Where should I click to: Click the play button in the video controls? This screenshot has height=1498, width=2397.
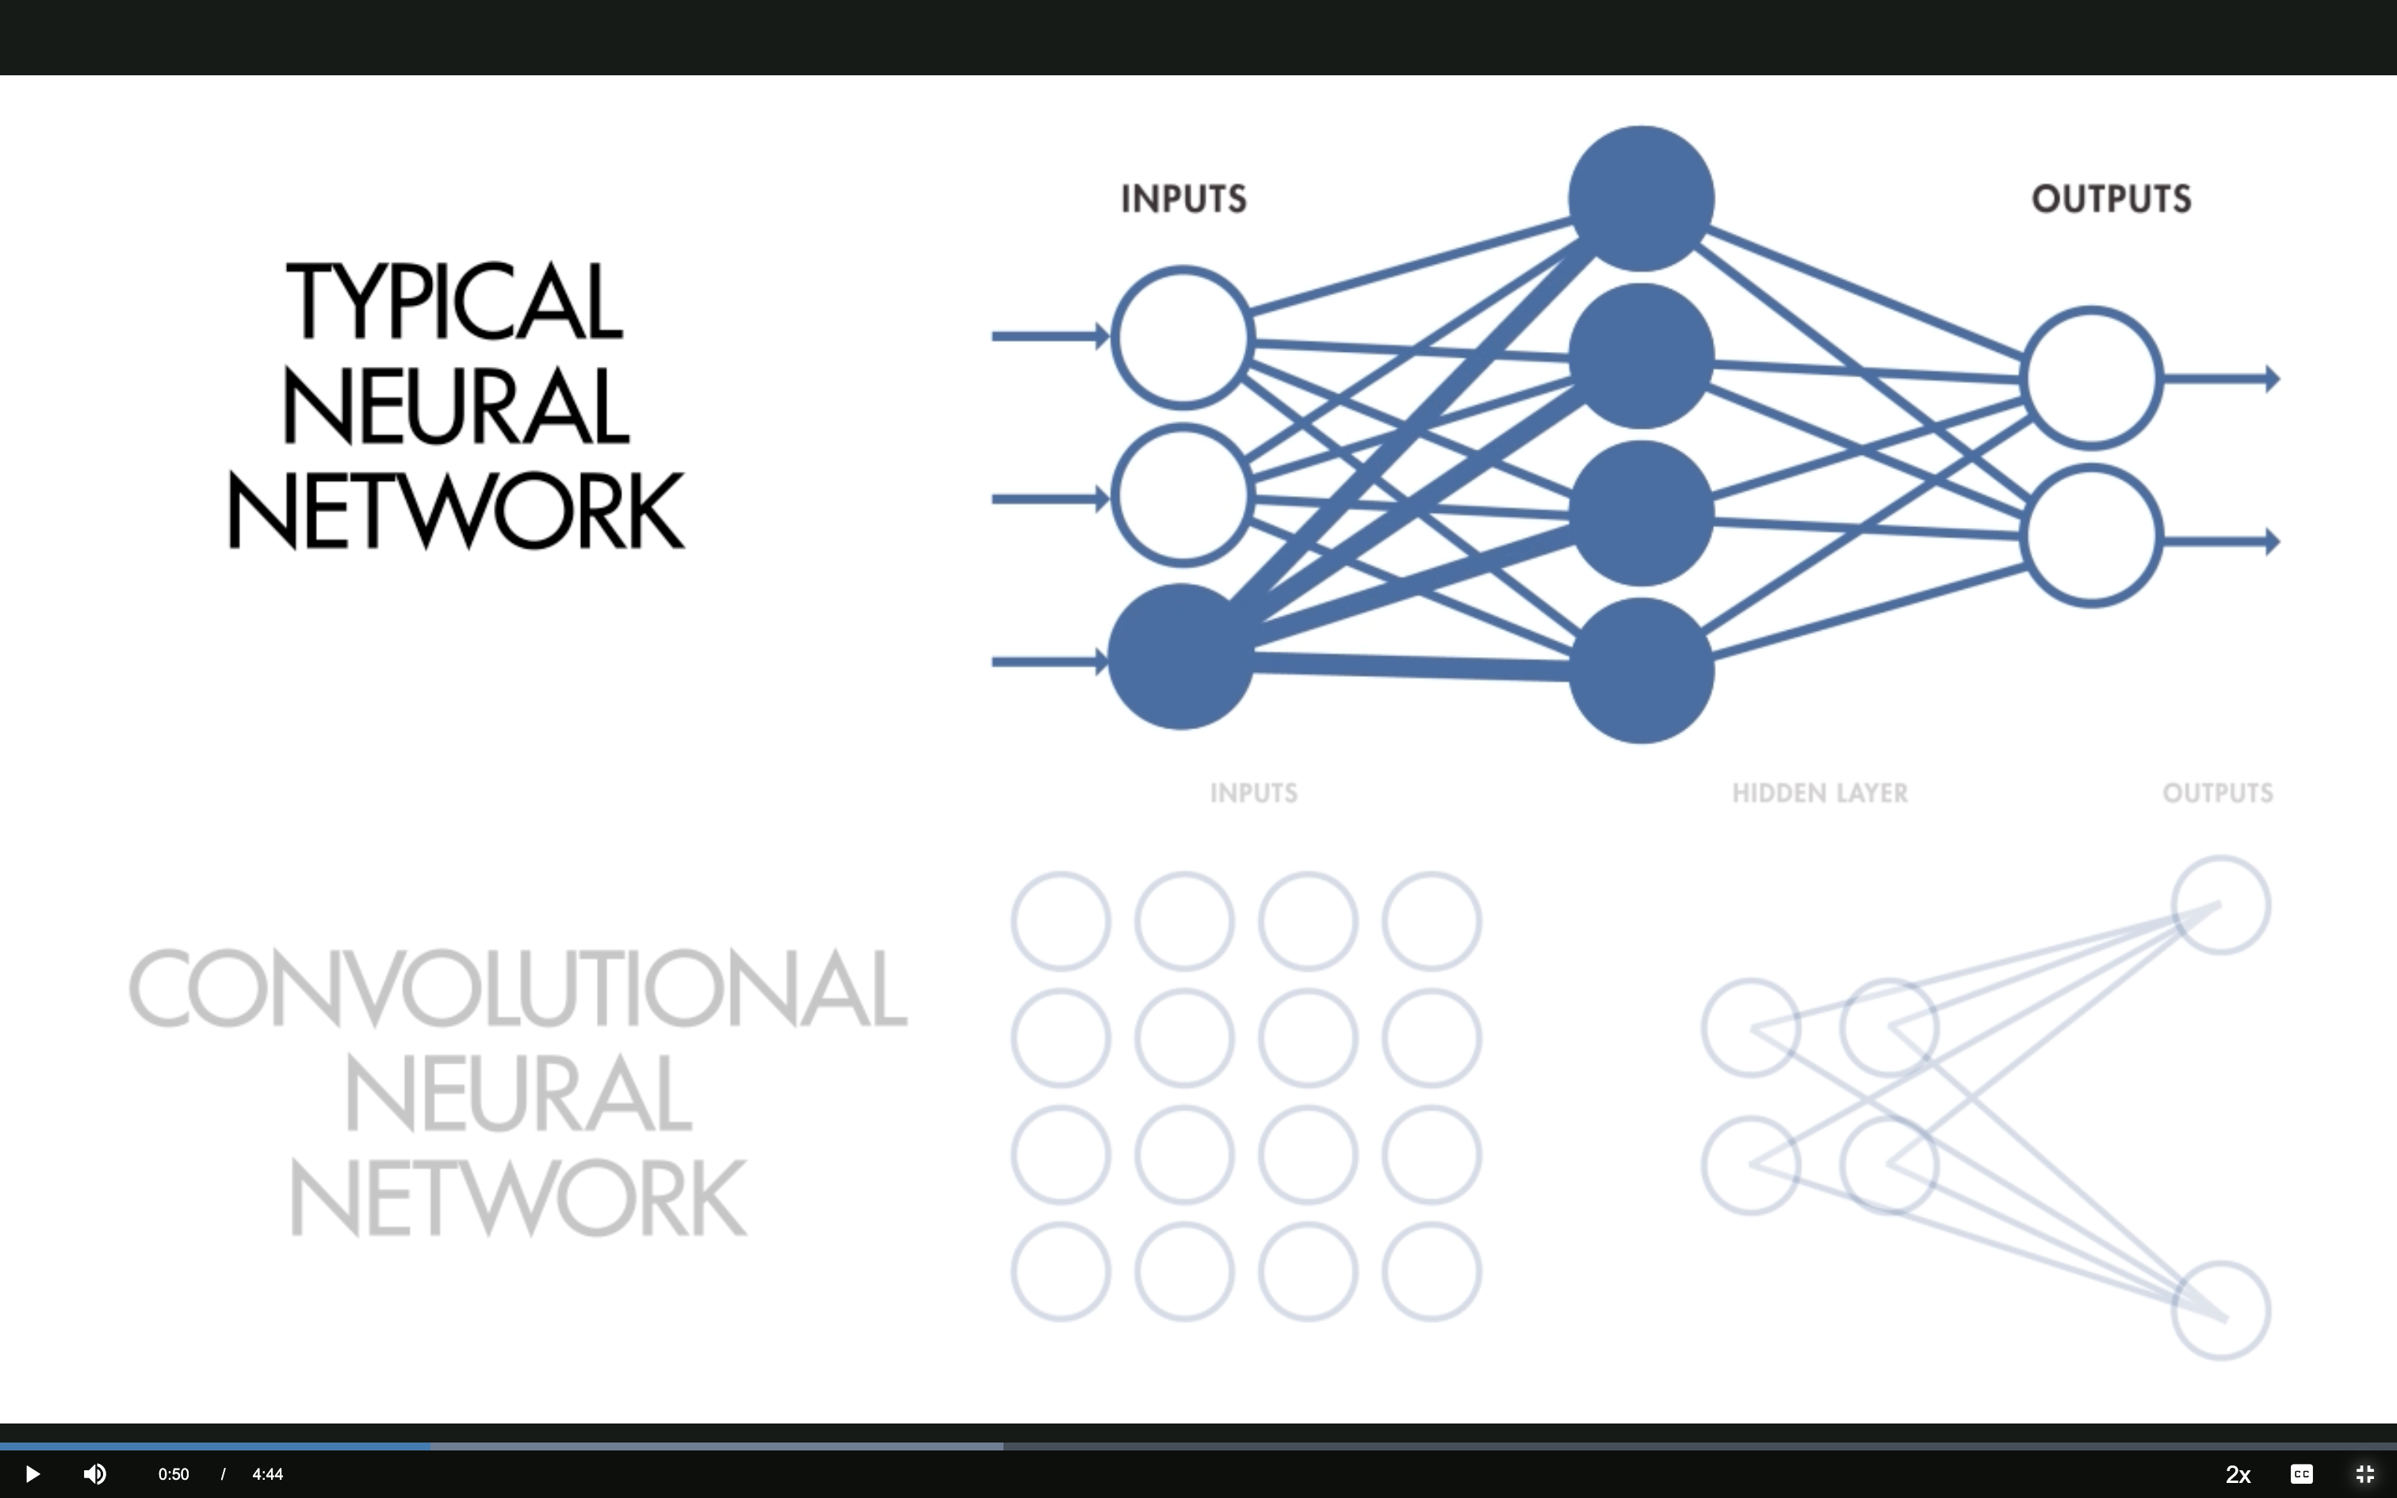tap(32, 1474)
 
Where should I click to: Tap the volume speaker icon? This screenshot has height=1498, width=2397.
tap(95, 1474)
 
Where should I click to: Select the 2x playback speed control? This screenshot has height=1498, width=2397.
tap(2238, 1474)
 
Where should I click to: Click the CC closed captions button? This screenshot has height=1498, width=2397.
tap(2302, 1474)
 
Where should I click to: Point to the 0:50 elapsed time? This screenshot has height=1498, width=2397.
tap(174, 1474)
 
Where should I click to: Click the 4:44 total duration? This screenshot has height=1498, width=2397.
tap(267, 1474)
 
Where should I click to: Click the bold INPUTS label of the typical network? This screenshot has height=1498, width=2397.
tap(1183, 199)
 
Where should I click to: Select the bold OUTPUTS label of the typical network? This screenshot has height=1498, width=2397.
tap(2111, 199)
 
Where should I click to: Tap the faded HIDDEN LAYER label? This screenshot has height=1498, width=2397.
tap(1819, 793)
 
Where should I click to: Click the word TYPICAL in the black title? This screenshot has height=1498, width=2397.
tap(455, 301)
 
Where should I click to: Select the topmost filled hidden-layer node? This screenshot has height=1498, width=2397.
tap(1642, 198)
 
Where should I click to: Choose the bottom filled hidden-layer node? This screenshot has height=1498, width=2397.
tap(1642, 671)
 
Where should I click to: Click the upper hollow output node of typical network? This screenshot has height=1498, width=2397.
tap(2091, 377)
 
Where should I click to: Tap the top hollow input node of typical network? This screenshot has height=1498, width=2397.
tap(1183, 337)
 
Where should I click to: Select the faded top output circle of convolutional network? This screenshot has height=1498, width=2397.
tap(2221, 905)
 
